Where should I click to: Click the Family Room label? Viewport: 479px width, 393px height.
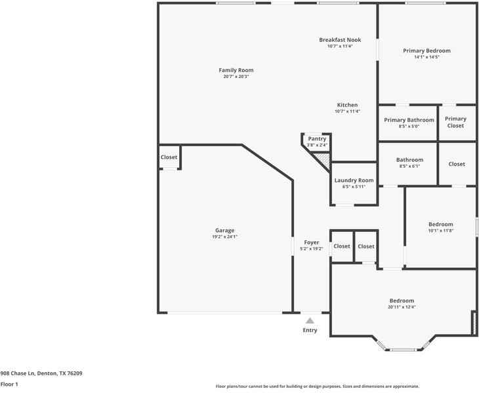click(236, 70)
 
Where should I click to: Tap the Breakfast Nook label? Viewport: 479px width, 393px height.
click(340, 40)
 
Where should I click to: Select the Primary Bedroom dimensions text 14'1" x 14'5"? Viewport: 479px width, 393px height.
click(427, 57)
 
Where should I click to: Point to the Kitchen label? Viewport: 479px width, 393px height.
click(347, 105)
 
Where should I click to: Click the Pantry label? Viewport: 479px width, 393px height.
click(317, 139)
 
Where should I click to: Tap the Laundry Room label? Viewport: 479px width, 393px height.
click(354, 180)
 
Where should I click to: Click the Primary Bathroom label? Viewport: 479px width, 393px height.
click(409, 120)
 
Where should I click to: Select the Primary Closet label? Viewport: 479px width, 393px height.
click(455, 122)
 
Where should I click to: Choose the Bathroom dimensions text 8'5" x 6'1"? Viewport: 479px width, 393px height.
click(409, 166)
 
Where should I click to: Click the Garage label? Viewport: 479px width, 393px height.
click(225, 231)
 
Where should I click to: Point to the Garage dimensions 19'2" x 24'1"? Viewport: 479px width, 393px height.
click(225, 236)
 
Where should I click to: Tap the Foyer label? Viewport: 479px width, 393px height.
click(312, 243)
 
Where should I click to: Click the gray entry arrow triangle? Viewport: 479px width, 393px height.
click(310, 321)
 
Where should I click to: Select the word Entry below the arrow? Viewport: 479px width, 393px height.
click(310, 330)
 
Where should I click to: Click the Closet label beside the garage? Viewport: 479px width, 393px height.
click(169, 157)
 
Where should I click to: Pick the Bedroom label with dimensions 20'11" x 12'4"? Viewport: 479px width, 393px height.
click(402, 301)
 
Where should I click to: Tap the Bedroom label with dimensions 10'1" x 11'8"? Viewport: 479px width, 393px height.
click(441, 225)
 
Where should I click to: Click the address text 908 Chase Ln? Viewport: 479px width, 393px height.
click(18, 373)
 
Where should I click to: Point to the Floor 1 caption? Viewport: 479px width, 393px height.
click(9, 384)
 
